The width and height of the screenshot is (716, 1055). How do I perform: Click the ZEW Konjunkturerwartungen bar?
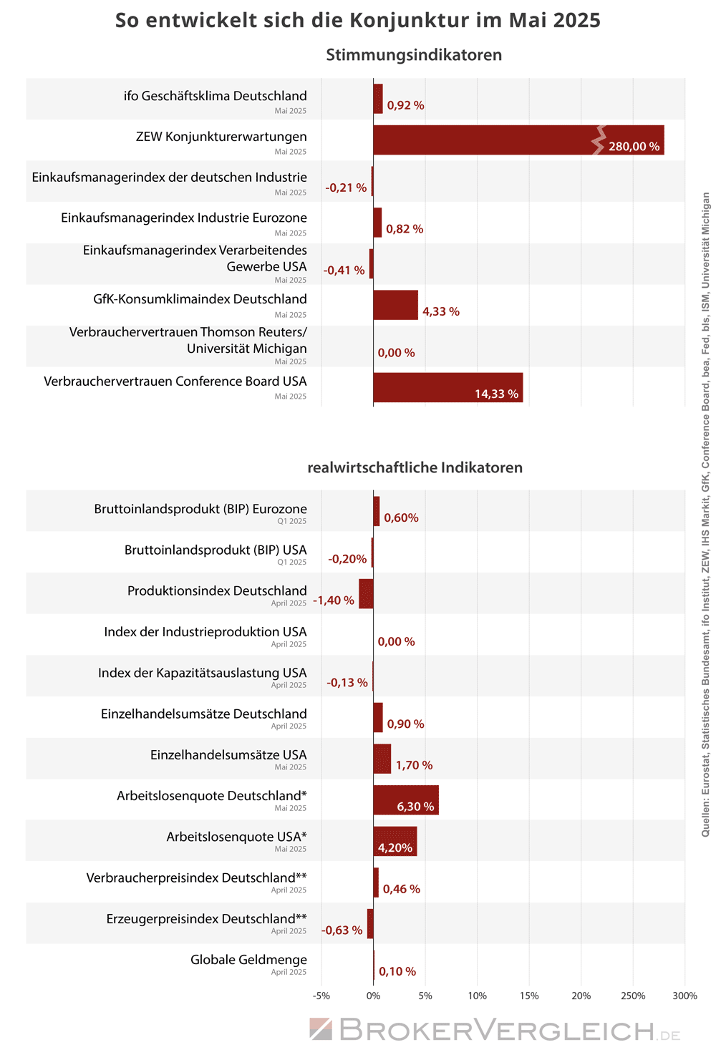click(x=518, y=140)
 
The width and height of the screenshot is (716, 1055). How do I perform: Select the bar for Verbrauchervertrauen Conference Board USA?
click(x=448, y=388)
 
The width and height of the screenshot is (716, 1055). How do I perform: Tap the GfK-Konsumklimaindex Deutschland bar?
click(x=396, y=305)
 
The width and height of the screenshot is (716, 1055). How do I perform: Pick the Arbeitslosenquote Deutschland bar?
click(x=406, y=800)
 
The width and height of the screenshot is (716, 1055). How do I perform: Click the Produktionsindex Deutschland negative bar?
click(x=366, y=594)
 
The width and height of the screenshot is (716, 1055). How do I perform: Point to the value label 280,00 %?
click(x=634, y=147)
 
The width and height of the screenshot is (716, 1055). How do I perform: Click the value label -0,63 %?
click(x=342, y=930)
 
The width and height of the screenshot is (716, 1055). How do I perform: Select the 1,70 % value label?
click(x=414, y=765)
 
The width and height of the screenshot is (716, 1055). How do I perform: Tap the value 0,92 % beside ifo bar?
click(x=405, y=105)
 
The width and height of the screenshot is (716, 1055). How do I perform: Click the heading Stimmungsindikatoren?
click(x=414, y=55)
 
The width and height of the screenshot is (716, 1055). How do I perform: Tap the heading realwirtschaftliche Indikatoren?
click(x=415, y=467)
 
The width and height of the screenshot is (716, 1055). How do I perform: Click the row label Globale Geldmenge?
click(x=248, y=960)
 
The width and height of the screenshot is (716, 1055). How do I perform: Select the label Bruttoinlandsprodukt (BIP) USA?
click(x=216, y=550)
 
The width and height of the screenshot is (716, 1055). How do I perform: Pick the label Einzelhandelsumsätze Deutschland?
click(x=204, y=714)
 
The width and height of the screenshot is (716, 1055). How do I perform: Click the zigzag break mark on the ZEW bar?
click(x=599, y=140)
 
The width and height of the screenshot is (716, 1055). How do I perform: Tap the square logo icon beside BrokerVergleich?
click(x=321, y=1029)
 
